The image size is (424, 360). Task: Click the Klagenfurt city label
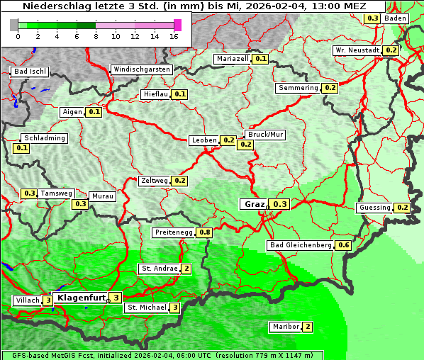click(x=81, y=298)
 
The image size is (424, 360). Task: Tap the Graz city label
click(x=254, y=204)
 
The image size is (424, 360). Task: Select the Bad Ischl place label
click(x=30, y=72)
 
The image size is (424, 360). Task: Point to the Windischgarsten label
click(x=142, y=69)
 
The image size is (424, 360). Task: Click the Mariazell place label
click(x=233, y=59)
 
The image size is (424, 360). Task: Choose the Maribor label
click(x=285, y=327)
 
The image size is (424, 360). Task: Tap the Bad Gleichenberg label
click(x=301, y=245)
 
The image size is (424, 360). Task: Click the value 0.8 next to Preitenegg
click(x=205, y=232)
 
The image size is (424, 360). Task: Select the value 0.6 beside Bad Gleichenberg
click(x=344, y=245)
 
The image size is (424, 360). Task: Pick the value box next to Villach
click(x=48, y=300)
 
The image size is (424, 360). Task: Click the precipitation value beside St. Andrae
click(x=186, y=269)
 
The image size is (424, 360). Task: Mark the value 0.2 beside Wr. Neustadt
click(x=391, y=50)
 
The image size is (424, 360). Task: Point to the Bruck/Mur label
click(x=264, y=134)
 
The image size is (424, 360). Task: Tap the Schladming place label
click(x=44, y=138)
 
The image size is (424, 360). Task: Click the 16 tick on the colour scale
click(x=174, y=36)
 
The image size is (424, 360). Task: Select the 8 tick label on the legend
click(x=96, y=36)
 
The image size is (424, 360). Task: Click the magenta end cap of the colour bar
click(x=177, y=25)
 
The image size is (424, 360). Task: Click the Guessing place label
click(x=375, y=208)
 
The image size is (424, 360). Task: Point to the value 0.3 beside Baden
click(x=372, y=18)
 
